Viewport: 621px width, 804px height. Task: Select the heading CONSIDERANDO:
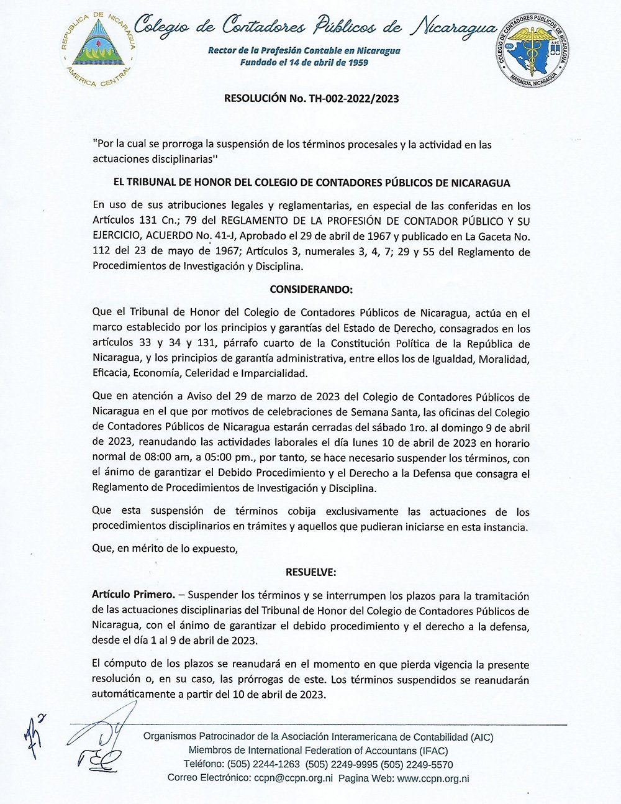click(311, 290)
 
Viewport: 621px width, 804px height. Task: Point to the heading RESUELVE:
click(311, 572)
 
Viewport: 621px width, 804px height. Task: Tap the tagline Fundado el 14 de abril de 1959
click(304, 62)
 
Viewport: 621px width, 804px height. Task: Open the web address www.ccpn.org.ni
click(433, 778)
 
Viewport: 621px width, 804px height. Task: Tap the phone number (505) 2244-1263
click(264, 764)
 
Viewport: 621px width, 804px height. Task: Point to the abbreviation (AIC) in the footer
click(482, 737)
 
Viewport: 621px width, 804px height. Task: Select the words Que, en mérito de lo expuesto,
click(165, 549)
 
